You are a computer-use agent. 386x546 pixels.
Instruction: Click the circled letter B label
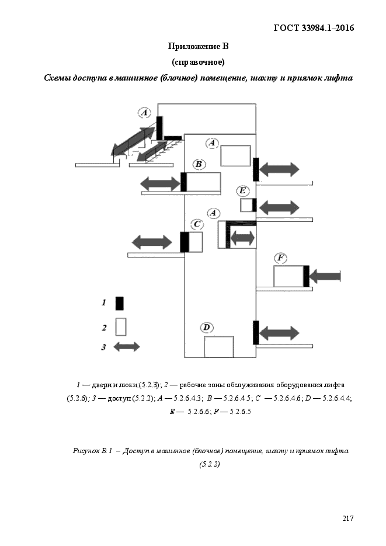[x=199, y=164]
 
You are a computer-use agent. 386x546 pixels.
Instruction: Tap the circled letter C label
[x=197, y=224]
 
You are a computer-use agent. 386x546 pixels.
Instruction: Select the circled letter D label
[x=207, y=328]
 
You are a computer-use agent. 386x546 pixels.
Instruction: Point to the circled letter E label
[x=242, y=191]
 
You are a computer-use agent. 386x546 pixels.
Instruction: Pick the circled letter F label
[x=280, y=258]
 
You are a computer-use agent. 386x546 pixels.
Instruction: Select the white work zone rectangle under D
[x=218, y=347]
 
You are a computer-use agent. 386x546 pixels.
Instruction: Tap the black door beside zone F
[x=307, y=276]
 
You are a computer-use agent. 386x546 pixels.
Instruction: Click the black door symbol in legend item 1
[x=119, y=303]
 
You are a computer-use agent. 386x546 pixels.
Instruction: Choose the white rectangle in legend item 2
[x=121, y=326]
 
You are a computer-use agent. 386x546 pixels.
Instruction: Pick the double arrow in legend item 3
[x=127, y=347]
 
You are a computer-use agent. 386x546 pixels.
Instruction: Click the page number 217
[x=347, y=519]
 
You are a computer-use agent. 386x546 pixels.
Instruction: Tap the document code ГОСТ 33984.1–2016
[x=314, y=28]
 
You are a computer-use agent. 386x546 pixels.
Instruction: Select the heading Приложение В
[x=198, y=46]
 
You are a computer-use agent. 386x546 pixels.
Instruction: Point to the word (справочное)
[x=198, y=62]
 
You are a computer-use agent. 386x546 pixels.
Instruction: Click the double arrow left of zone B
[x=161, y=183]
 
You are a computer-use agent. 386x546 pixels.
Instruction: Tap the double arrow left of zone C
[x=152, y=242]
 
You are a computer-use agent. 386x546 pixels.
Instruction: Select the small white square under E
[x=246, y=205]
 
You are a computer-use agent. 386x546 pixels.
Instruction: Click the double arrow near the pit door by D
[x=279, y=333]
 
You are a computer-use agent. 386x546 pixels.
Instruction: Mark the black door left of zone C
[x=185, y=242]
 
